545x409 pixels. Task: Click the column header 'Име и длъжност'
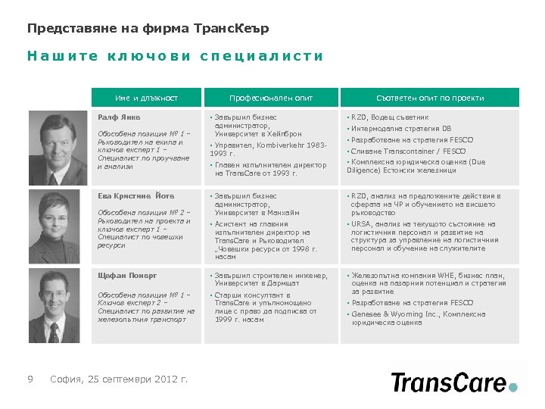[147, 98]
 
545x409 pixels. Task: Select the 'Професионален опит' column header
[271, 98]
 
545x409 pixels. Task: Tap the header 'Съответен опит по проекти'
[430, 98]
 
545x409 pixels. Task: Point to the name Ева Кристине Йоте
[131, 195]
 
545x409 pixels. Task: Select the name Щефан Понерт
[127, 275]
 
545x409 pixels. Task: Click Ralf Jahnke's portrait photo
[58, 147]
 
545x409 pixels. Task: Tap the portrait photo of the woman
[58, 225]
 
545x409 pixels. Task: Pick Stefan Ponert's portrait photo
[58, 305]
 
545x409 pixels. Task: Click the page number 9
[30, 379]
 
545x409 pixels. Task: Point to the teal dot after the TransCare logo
[513, 387]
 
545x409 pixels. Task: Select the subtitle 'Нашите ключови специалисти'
[175, 56]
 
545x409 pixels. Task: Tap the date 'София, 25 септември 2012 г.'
[119, 379]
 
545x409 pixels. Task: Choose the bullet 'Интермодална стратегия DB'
[400, 129]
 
